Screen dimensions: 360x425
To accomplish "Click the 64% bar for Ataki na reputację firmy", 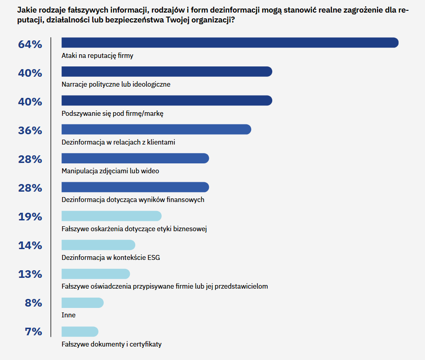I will tap(230, 43).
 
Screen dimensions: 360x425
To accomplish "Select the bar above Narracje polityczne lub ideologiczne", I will tap(166, 71).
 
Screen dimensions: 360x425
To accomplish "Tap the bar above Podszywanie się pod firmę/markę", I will tap(166, 100).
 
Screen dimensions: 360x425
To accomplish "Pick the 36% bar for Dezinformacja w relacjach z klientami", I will tap(156, 129).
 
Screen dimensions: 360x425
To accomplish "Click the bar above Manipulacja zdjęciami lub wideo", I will tap(135, 158).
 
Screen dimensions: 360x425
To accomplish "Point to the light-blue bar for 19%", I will tap(111, 216).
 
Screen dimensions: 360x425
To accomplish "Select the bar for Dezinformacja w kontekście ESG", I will tap(98, 245).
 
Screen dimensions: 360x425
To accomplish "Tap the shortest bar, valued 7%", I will tap(80, 332).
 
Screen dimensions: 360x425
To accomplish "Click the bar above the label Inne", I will tap(82, 303).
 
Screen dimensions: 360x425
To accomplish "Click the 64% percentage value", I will tap(30, 44).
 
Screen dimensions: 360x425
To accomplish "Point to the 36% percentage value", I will tap(30, 131).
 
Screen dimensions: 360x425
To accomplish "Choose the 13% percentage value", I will tap(30, 274).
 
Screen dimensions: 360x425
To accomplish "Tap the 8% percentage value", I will tap(33, 303).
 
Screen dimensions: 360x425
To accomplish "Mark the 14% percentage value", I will tap(30, 246).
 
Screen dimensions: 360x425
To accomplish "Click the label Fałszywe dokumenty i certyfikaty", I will tap(111, 344).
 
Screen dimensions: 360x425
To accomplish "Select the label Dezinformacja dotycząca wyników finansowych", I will tap(133, 199).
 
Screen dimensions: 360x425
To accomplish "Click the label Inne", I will tap(68, 315).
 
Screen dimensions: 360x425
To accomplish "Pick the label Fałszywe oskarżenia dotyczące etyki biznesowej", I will tap(134, 228).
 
